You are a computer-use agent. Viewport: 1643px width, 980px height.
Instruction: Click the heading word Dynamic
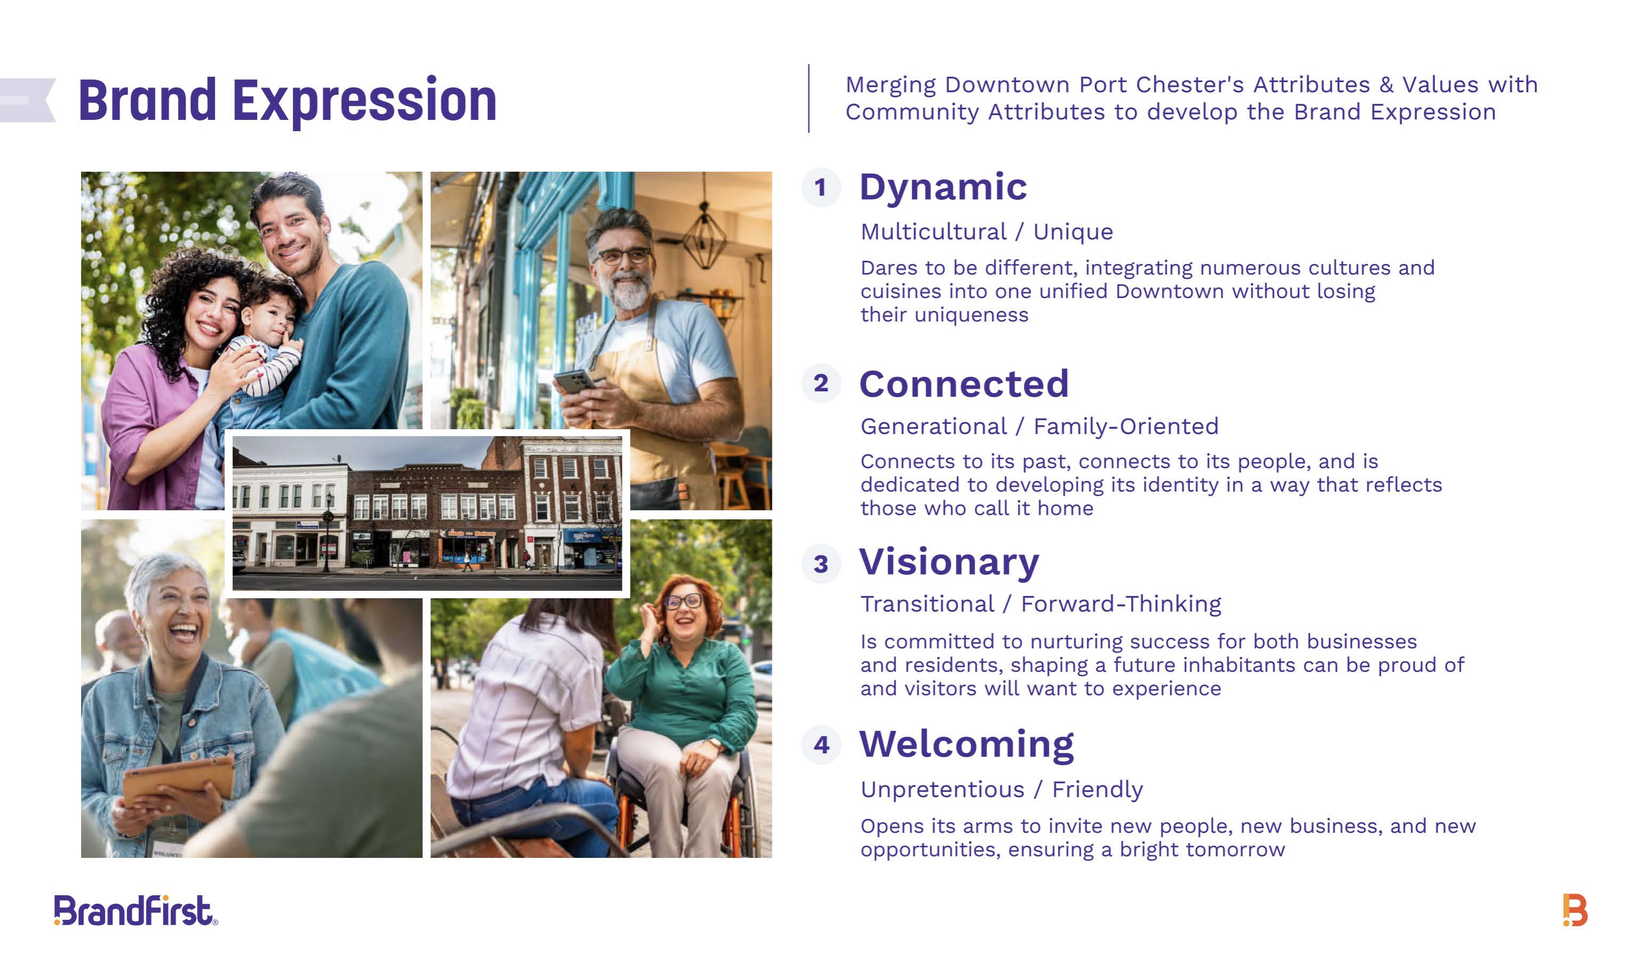coord(943,187)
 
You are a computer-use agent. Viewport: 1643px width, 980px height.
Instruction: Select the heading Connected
coord(964,384)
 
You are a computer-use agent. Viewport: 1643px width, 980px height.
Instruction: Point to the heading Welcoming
coord(967,745)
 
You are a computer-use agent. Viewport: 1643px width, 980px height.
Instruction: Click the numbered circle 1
coord(821,188)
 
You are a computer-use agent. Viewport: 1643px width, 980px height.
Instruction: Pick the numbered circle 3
coord(821,564)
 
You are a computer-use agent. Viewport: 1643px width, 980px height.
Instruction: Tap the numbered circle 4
coord(821,745)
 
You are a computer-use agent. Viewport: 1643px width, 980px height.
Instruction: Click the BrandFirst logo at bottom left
coord(135,911)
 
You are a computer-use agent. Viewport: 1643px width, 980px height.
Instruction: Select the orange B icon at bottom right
coord(1575,911)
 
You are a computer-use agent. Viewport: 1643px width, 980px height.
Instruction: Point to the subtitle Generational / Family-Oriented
coord(1039,427)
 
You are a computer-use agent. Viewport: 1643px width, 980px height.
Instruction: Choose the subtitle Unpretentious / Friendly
coord(1001,790)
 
